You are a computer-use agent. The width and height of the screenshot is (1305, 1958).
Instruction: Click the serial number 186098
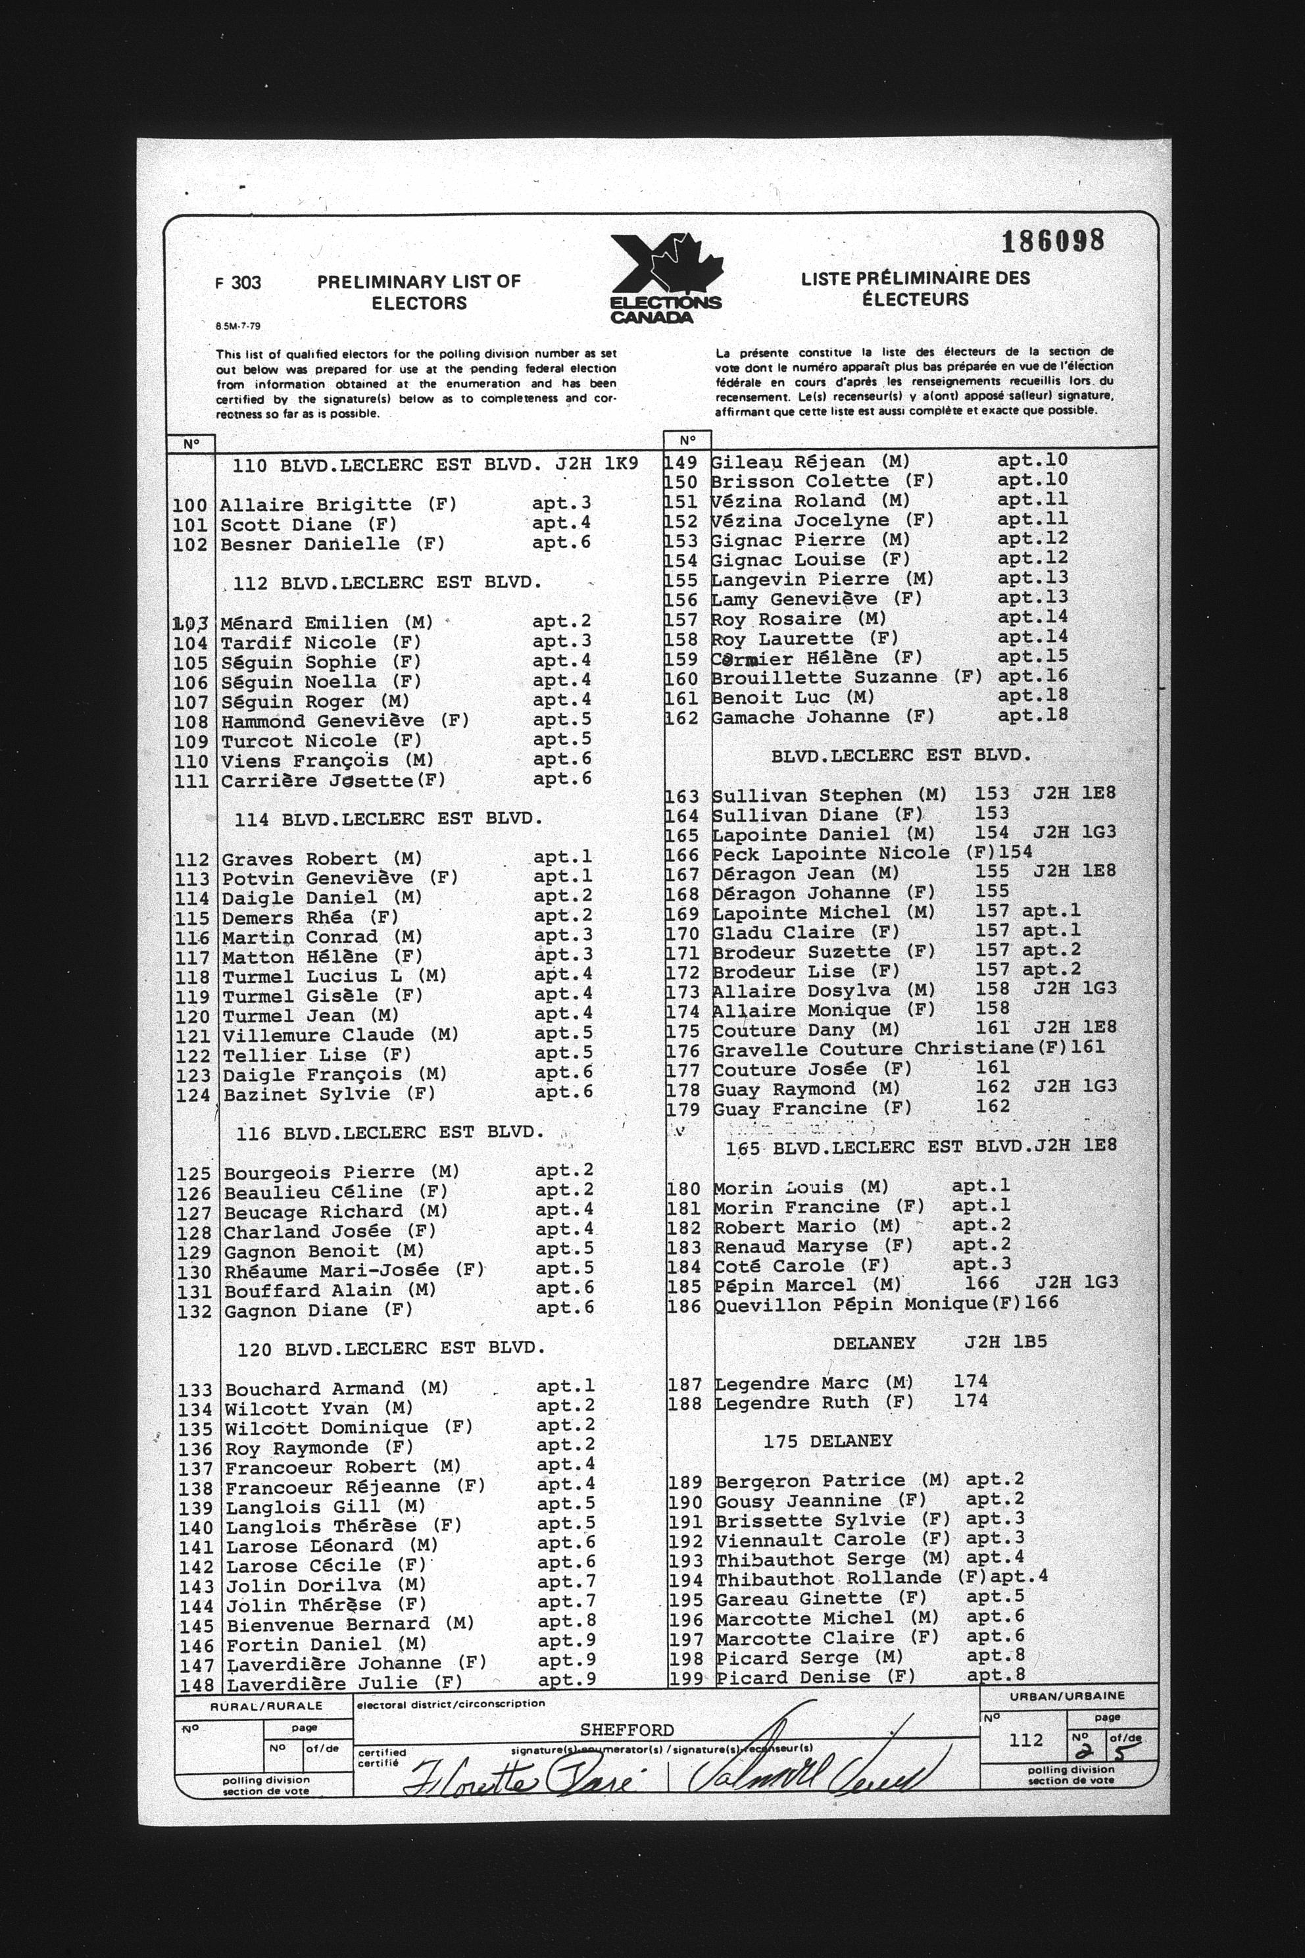pos(1053,241)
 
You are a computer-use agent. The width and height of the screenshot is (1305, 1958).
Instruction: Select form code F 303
pos(238,283)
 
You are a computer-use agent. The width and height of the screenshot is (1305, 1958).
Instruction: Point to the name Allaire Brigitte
pos(316,505)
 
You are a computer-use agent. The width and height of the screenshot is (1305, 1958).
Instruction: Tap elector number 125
pos(193,1174)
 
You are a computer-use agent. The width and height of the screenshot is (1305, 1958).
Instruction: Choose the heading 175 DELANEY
pos(827,1441)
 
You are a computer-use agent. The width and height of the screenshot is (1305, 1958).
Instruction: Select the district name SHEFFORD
pos(627,1730)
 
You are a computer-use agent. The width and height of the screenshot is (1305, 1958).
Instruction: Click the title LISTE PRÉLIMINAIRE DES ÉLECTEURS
pos(916,288)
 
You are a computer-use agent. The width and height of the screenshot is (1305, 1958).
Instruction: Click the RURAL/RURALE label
pos(266,1707)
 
